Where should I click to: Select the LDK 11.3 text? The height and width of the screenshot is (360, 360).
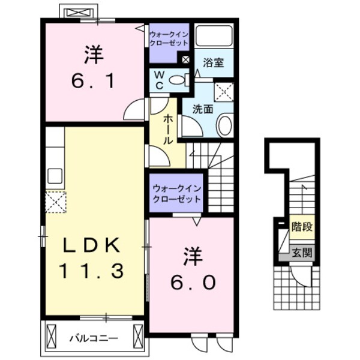click(x=92, y=258)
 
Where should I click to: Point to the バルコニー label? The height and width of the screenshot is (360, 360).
click(x=92, y=338)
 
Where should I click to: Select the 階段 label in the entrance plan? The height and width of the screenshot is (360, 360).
click(x=301, y=227)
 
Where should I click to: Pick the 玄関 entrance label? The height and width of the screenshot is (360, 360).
click(x=301, y=253)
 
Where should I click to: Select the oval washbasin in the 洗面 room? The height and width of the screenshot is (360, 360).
click(x=224, y=125)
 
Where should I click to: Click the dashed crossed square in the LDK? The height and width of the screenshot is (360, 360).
click(x=55, y=202)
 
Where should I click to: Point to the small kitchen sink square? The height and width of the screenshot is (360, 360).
click(x=55, y=176)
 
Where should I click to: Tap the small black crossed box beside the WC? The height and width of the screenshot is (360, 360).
click(x=185, y=60)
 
